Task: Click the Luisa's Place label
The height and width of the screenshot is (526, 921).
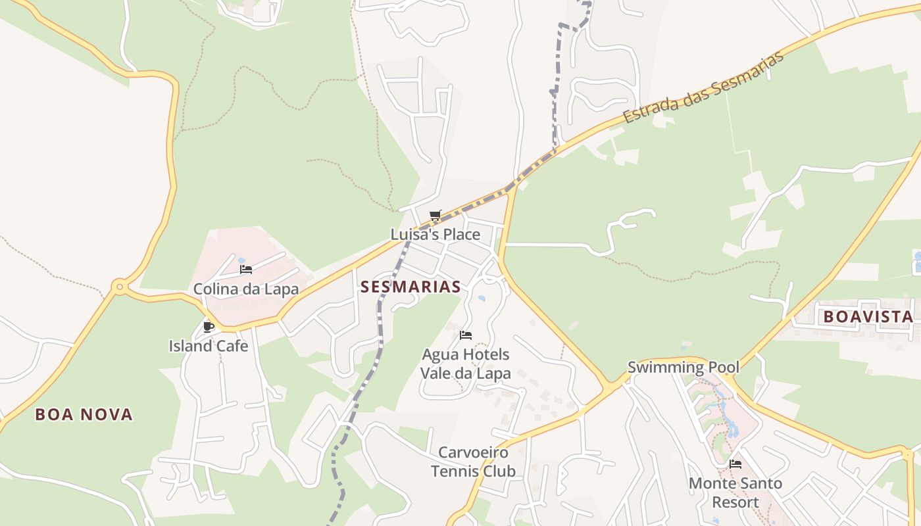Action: coord(435,235)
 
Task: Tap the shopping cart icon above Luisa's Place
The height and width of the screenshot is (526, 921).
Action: coord(435,215)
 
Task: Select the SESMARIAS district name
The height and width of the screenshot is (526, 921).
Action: coord(411,287)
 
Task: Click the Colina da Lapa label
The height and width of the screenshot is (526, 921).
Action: coord(245,289)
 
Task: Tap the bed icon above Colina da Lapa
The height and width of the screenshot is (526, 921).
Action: coord(246,270)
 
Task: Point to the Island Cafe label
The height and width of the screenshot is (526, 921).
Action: coord(209,346)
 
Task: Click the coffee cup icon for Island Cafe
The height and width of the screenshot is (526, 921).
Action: coord(209,327)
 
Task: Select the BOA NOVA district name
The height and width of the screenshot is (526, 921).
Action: coord(84,414)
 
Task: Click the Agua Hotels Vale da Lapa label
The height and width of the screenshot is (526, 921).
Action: coord(466,364)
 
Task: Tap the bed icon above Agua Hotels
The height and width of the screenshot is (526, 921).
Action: coord(466,335)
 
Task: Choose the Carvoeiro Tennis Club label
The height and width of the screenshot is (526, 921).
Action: coord(473,462)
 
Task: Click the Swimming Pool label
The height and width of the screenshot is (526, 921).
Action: coord(683,368)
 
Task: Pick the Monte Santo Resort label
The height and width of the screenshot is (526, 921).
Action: coord(735,492)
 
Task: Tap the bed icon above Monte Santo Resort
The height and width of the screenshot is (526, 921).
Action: coord(735,464)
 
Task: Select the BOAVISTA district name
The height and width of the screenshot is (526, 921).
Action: coord(868,317)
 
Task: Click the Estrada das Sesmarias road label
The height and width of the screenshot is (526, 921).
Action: coord(704,87)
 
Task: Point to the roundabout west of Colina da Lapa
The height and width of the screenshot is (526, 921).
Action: coord(119,287)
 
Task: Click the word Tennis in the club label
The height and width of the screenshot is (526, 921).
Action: coord(457,471)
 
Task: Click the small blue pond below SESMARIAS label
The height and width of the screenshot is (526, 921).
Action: coord(482,299)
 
